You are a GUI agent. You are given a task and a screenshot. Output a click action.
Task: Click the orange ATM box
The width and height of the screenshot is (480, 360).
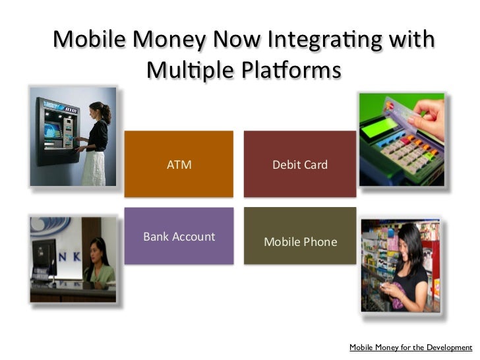179,164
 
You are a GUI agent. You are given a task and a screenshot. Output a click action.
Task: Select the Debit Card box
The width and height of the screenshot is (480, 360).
299,164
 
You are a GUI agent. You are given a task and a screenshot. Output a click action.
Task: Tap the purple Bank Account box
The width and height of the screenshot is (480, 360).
179,236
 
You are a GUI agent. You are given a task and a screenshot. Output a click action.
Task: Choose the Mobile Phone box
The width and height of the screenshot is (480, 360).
300,242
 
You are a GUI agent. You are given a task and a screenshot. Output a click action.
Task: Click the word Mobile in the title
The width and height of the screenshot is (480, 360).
89,40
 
